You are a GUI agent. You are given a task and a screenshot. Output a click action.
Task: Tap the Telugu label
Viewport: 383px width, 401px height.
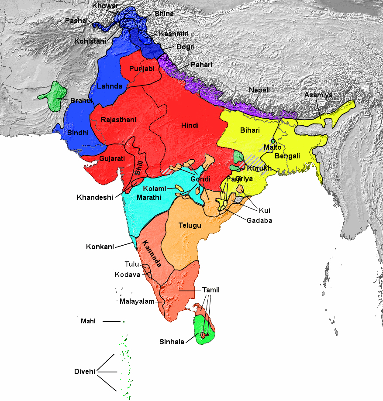[x=190, y=225]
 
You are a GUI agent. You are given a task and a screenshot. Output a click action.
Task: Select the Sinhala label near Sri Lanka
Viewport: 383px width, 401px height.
[x=172, y=341]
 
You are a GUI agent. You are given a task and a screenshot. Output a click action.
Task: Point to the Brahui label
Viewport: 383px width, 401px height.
[x=82, y=100]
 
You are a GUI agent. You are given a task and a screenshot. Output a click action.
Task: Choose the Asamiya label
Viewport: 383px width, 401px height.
[x=318, y=95]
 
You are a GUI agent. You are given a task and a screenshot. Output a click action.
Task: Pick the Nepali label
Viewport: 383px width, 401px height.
[x=259, y=90]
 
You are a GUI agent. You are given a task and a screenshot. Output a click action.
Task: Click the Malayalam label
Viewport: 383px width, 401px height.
[x=138, y=302]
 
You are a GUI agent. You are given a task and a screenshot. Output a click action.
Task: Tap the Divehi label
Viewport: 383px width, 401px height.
[x=85, y=372]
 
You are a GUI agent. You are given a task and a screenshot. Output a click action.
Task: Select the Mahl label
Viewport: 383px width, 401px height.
[x=88, y=322]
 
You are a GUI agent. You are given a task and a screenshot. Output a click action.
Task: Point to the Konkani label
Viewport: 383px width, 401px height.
[x=100, y=247]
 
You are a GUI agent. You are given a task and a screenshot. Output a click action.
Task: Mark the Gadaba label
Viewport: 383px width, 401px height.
[x=259, y=220]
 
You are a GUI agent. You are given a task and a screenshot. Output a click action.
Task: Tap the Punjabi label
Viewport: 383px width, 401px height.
[x=142, y=69]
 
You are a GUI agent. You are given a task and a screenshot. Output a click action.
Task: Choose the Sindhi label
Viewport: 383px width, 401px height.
[x=78, y=133]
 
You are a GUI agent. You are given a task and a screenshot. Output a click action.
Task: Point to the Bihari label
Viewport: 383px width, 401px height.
[x=250, y=130]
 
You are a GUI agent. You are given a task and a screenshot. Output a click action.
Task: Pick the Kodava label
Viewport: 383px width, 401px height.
[x=128, y=274]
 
